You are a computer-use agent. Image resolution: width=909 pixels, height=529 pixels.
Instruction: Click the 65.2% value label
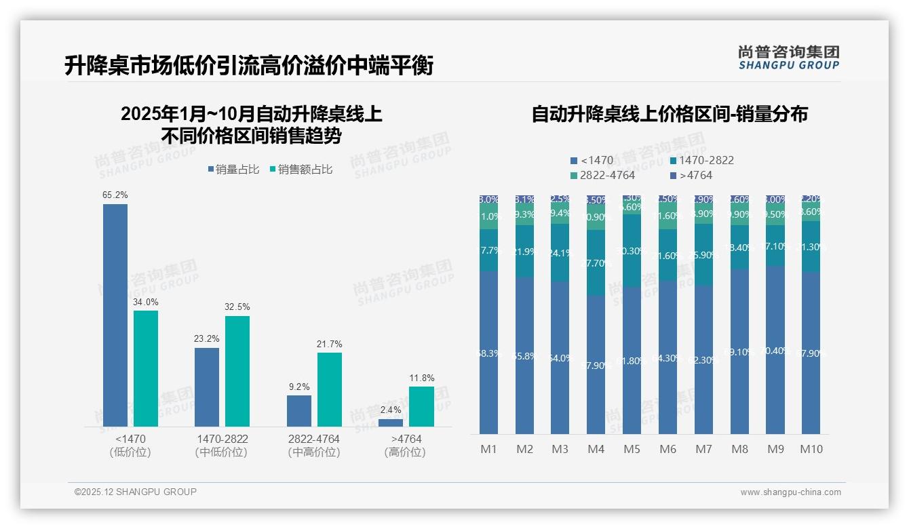(x=115, y=195)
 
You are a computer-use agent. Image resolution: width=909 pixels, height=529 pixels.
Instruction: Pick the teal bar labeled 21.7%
(x=330, y=389)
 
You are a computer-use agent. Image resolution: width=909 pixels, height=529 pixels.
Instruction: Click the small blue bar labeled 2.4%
(x=391, y=423)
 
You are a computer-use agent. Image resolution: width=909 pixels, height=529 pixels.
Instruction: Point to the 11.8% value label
(x=422, y=378)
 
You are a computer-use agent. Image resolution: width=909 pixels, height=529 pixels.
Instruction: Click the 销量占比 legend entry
(x=233, y=170)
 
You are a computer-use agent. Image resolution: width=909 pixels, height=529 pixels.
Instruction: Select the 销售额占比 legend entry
(x=301, y=170)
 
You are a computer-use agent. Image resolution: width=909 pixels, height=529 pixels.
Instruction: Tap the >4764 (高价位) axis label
(x=406, y=446)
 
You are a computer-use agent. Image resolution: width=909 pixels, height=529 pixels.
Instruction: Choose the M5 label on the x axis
(x=632, y=449)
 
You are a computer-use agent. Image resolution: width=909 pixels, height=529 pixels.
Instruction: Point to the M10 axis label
(x=811, y=449)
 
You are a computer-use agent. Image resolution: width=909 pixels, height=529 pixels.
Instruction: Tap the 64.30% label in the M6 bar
(x=668, y=358)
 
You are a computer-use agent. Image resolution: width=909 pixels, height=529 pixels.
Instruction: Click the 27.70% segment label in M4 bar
(x=596, y=263)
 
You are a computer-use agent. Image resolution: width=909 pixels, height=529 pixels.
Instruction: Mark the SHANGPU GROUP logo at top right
(x=788, y=58)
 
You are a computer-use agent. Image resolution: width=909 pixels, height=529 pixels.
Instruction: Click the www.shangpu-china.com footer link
(x=790, y=492)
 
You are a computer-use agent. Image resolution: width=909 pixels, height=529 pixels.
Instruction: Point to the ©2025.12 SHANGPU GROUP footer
(x=136, y=492)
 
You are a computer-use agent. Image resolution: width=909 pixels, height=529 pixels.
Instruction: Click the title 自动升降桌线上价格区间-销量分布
(x=670, y=114)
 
